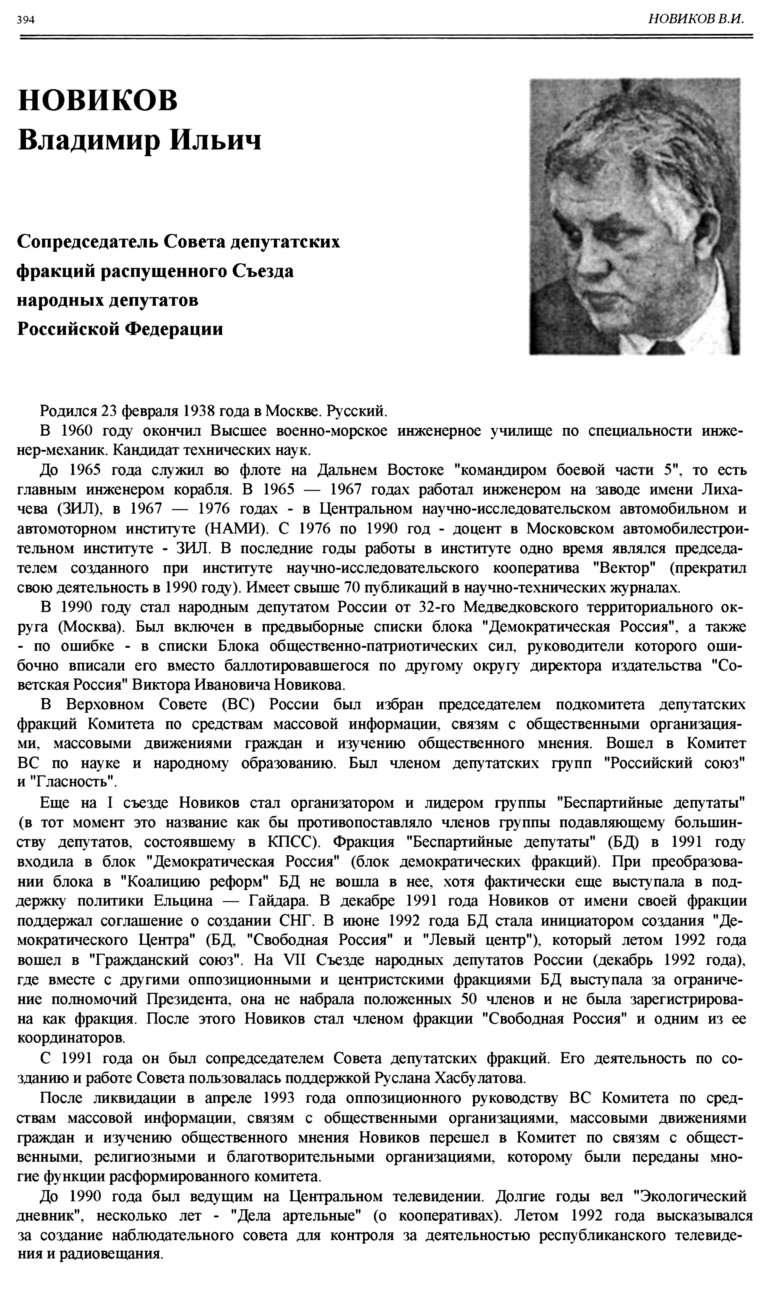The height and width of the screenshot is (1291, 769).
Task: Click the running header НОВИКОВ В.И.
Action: tap(696, 19)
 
